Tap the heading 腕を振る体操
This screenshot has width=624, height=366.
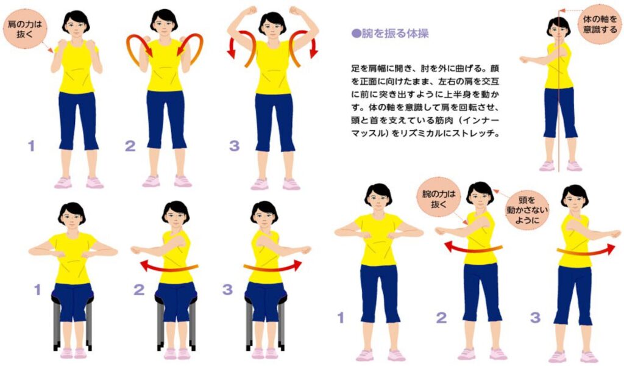394,34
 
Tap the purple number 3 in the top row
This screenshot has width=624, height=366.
235,146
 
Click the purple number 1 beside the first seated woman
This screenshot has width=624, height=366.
37,290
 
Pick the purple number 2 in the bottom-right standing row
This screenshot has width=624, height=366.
442,317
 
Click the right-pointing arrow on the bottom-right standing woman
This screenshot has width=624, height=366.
589,249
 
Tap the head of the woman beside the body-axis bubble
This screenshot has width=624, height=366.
558,27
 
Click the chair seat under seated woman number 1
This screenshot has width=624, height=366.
73,299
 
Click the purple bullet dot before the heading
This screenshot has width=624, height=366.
355,34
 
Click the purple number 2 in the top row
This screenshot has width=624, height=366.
130,146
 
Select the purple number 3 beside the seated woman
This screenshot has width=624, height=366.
227,290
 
